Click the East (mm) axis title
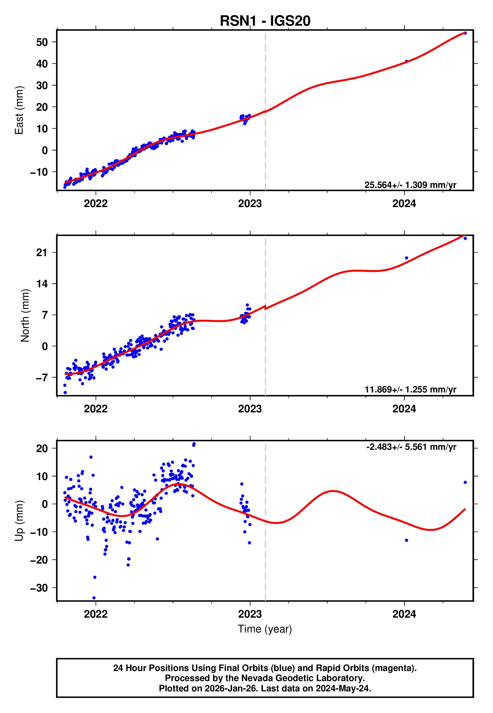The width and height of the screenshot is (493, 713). (19, 110)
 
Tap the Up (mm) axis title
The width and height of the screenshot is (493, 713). (19, 520)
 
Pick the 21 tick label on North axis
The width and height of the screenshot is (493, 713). (42, 253)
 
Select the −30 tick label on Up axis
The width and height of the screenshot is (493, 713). (39, 587)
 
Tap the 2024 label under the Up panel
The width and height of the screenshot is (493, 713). (404, 614)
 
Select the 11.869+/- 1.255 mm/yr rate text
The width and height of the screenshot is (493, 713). (410, 389)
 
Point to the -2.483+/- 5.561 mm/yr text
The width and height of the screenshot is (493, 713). (411, 447)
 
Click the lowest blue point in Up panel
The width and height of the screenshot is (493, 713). (94, 598)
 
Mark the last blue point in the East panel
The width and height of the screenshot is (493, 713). (465, 33)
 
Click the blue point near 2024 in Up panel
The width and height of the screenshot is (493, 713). (407, 540)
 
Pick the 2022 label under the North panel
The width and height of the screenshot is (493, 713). (95, 409)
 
